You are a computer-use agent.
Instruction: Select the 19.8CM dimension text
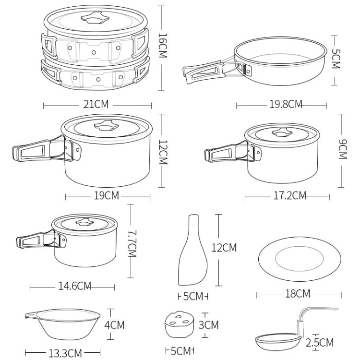pos(282,104)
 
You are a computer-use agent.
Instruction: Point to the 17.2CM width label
pos(287,195)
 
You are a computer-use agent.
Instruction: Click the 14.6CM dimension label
pos(75,286)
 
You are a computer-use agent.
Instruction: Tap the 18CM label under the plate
pos(296,293)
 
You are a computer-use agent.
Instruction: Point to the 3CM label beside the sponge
pos(208,325)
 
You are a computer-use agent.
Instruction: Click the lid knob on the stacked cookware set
pos(94,20)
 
